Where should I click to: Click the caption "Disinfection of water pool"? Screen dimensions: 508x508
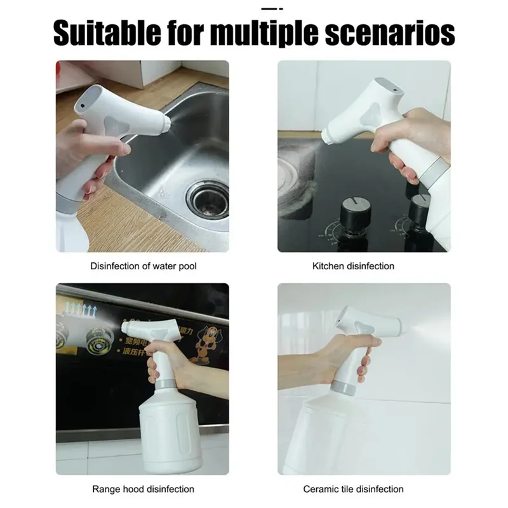tap(144, 266)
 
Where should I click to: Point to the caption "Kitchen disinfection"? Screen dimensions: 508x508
tap(353, 266)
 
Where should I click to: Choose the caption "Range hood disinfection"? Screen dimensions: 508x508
tap(144, 489)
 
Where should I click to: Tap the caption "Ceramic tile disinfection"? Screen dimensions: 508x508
tap(353, 489)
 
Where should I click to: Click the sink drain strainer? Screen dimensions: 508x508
tap(207, 199)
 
